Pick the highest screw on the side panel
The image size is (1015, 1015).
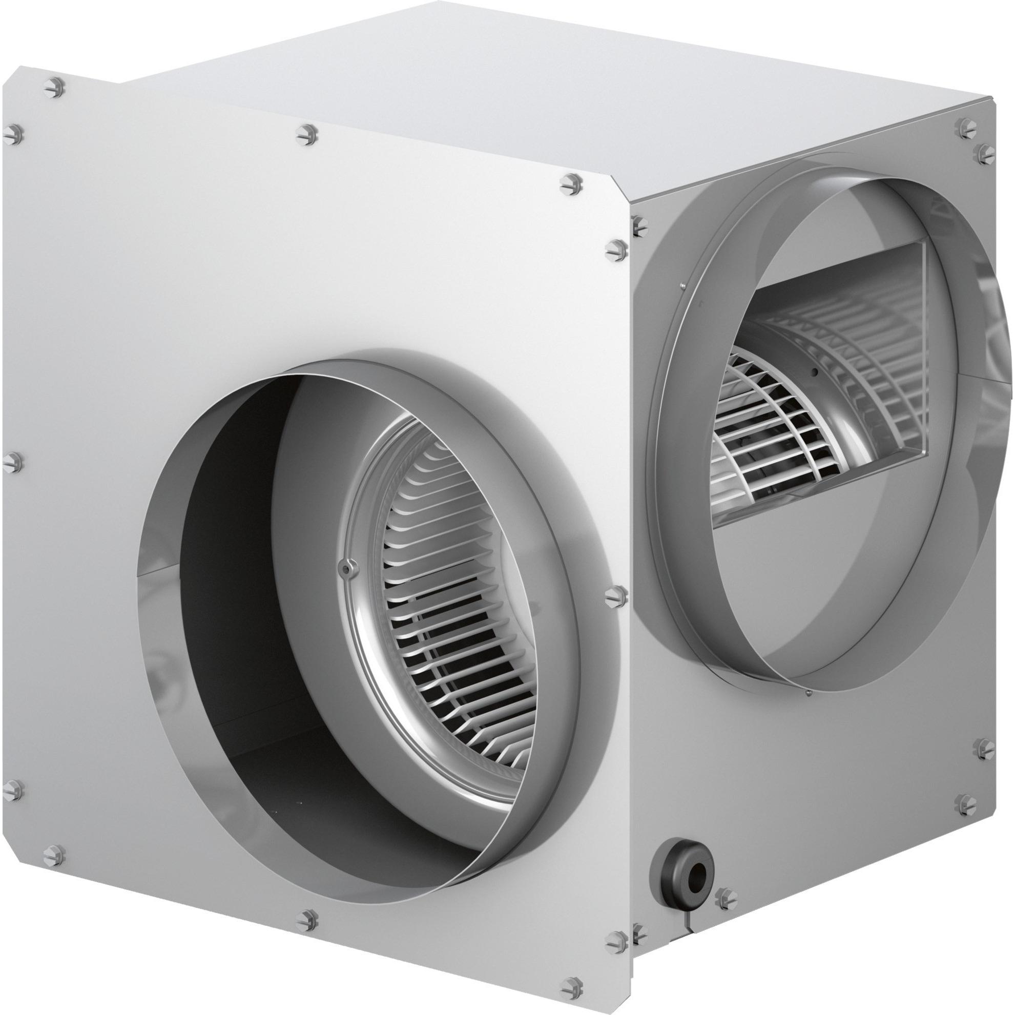[x=965, y=124]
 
